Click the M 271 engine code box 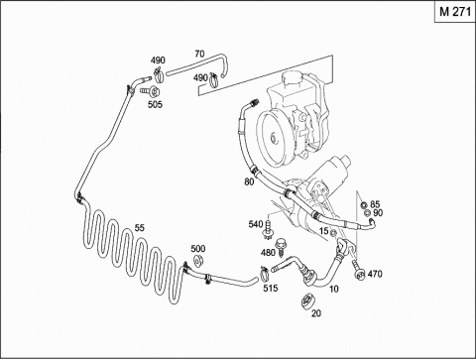pyautogui.click(x=455, y=12)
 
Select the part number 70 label pyautogui.click(x=199, y=54)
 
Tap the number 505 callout pyautogui.click(x=155, y=104)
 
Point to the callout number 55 pyautogui.click(x=140, y=228)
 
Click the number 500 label pyautogui.click(x=198, y=248)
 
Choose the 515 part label pyautogui.click(x=271, y=289)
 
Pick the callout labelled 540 pyautogui.click(x=256, y=225)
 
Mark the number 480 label pyautogui.click(x=268, y=253)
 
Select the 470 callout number pyautogui.click(x=375, y=274)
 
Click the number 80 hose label pyautogui.click(x=249, y=181)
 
